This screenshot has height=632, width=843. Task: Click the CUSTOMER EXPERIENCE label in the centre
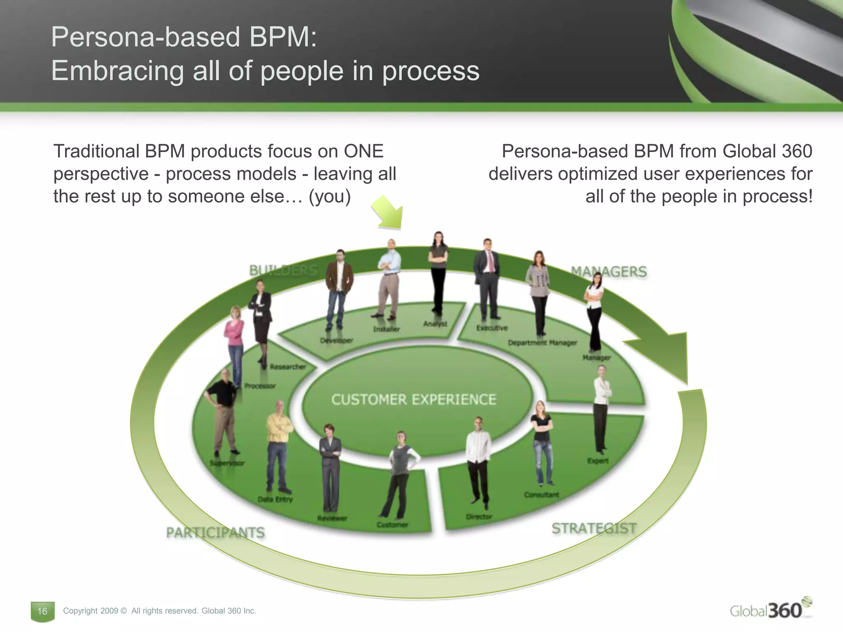414,400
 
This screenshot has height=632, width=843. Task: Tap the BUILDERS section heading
283,270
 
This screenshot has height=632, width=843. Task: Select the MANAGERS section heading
608,272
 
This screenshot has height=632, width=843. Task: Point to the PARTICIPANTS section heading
215,533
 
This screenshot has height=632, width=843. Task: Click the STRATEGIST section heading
594,528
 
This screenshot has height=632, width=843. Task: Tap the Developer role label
337,340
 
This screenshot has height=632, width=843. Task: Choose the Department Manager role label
542,343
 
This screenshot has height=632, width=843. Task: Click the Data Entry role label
275,499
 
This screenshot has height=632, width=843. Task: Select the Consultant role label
541,495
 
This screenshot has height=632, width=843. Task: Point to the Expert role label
598,461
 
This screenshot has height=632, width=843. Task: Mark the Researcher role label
288,367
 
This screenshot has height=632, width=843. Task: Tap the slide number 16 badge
42,611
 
